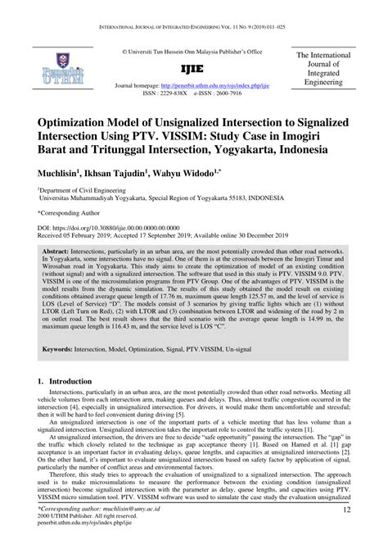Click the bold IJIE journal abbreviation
coord(193,70)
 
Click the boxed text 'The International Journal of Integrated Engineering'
coord(323,70)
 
